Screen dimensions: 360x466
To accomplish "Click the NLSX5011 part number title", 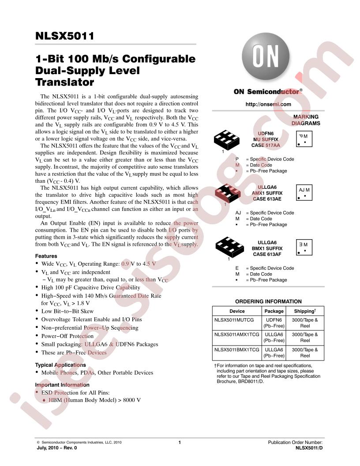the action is click(x=64, y=36).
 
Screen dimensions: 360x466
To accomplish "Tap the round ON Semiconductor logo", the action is click(x=265, y=56).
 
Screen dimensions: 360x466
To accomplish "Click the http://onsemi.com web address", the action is click(x=268, y=104).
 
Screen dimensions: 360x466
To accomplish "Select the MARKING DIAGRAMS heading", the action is click(x=306, y=120).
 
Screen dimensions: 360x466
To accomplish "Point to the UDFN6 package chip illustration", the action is click(x=226, y=140).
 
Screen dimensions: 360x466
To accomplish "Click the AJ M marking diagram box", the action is click(x=304, y=192).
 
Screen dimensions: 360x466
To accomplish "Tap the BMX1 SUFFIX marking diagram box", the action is click(x=304, y=247).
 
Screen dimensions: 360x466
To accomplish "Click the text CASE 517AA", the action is click(x=266, y=145).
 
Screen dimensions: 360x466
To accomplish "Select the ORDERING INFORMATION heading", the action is click(x=268, y=301).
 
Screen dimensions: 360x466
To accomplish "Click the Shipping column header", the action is click(x=305, y=311).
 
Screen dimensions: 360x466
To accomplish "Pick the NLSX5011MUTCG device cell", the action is click(x=234, y=320).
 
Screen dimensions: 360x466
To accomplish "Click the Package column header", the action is click(x=274, y=311).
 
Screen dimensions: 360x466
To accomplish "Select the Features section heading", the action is click(x=46, y=256).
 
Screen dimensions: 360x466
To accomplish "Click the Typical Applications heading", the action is click(x=60, y=365).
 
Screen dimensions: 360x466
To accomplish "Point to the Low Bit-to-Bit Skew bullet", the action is click(x=67, y=311).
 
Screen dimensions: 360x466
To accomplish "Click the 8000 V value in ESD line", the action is click(x=131, y=400).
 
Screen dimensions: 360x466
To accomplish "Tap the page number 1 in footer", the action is click(x=180, y=443).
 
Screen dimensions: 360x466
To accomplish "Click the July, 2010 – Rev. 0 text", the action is click(x=57, y=448).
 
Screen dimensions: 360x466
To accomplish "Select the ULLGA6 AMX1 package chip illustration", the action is click(x=228, y=193).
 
